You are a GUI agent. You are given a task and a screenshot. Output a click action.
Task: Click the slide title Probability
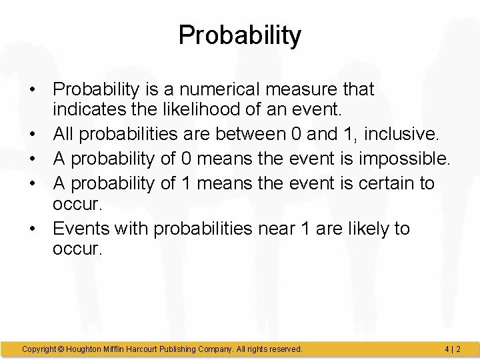tap(240, 35)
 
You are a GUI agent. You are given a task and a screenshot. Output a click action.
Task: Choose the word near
tap(275, 229)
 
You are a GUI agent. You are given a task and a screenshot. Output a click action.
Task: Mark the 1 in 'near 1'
tap(305, 229)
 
